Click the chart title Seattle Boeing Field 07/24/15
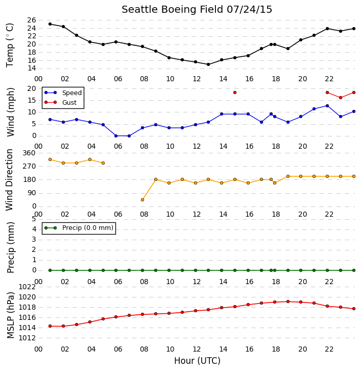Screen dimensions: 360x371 point(197,10)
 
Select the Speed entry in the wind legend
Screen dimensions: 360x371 point(63,93)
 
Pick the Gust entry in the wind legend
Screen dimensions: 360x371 point(61,102)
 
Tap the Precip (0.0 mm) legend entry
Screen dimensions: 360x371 point(79,228)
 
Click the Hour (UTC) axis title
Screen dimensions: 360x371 point(197,361)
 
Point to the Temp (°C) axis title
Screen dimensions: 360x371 point(10,45)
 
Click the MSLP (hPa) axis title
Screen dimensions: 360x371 point(10,315)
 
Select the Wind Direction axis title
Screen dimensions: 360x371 point(9,180)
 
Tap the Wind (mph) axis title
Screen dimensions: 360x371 point(10,112)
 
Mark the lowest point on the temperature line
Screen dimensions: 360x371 point(208,64)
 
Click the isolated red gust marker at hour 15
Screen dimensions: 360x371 point(235,92)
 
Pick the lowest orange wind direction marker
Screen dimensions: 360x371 point(142,200)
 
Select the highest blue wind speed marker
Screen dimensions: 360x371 point(327,106)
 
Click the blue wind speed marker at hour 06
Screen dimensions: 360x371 point(116,136)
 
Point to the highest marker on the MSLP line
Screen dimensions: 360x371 point(288,302)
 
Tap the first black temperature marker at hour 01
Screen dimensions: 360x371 point(50,24)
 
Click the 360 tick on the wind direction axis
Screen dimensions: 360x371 point(29,153)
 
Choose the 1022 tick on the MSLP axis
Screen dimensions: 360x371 point(27,287)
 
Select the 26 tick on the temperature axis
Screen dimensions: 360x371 point(32,20)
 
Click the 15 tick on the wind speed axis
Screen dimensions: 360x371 point(32,101)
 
